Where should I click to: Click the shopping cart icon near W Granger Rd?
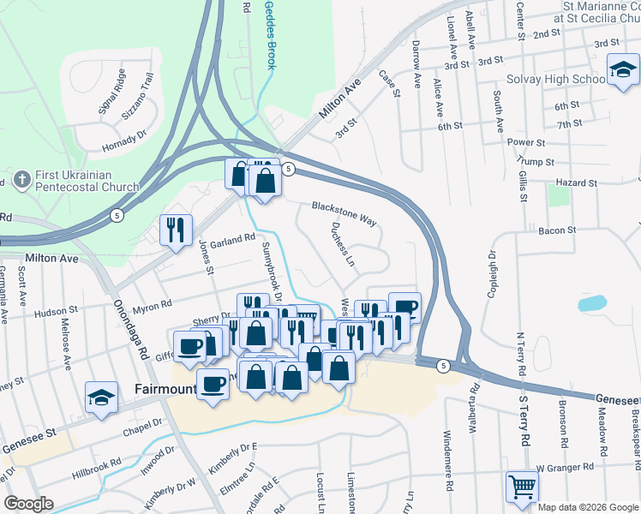click(522, 487)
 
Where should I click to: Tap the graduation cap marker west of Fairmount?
click(102, 398)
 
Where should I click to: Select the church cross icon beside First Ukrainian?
click(21, 181)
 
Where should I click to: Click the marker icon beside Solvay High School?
click(623, 71)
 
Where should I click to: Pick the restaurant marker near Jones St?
click(176, 230)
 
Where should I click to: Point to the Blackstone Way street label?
click(344, 213)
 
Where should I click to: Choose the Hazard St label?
click(576, 183)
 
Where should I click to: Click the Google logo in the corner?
click(28, 504)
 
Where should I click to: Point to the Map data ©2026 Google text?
click(587, 507)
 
